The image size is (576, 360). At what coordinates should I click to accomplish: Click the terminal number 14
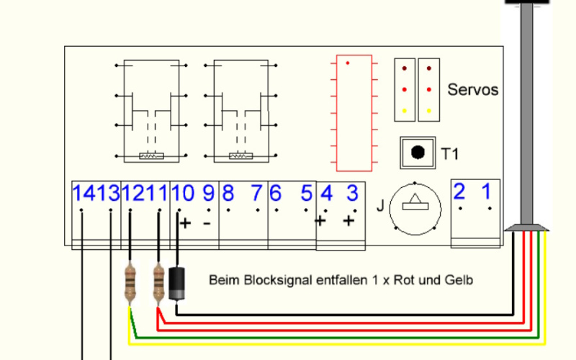pyautogui.click(x=84, y=194)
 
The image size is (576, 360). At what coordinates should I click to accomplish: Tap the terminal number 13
pyautogui.click(x=108, y=194)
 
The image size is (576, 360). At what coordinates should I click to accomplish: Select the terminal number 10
pyautogui.click(x=183, y=194)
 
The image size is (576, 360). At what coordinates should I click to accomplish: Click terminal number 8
pyautogui.click(x=228, y=194)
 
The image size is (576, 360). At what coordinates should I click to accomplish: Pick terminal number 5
pyautogui.click(x=306, y=194)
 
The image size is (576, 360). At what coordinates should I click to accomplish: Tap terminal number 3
pyautogui.click(x=352, y=194)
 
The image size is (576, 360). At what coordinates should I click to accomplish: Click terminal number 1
pyautogui.click(x=487, y=192)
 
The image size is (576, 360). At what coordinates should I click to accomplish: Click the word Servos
pyautogui.click(x=472, y=91)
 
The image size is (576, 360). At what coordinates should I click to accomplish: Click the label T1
pyautogui.click(x=449, y=153)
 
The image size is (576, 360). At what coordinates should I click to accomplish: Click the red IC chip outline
pyautogui.click(x=351, y=112)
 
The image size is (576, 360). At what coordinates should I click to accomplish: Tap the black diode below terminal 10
pyautogui.click(x=177, y=283)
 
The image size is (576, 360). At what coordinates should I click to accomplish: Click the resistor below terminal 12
pyautogui.click(x=130, y=283)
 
